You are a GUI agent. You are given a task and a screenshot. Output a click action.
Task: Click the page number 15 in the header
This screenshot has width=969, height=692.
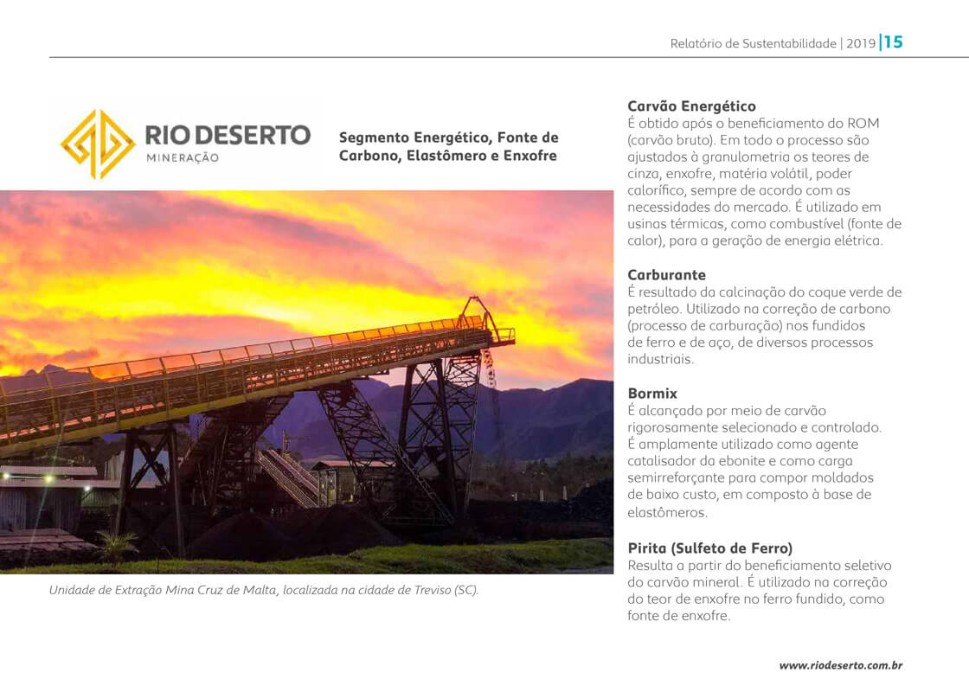[x=894, y=42]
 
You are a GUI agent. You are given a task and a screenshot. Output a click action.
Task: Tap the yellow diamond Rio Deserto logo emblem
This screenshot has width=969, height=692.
[x=98, y=144]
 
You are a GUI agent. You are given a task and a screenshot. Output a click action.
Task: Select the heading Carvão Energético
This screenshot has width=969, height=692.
[x=691, y=106]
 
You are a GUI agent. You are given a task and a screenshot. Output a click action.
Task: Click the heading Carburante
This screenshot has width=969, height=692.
[x=666, y=275]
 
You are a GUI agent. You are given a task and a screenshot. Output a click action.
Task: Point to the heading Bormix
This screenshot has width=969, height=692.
[x=652, y=394]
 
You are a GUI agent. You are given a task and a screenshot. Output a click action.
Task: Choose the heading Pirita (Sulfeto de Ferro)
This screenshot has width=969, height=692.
[x=709, y=548]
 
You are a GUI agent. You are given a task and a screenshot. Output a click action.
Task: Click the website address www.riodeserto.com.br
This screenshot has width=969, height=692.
[x=841, y=665]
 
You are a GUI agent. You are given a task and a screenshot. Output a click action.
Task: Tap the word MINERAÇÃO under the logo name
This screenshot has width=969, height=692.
[x=183, y=158]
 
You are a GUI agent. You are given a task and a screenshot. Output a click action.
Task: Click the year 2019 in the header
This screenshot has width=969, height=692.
[x=861, y=43]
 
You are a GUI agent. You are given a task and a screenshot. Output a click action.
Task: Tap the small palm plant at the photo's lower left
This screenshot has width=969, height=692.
[x=117, y=545]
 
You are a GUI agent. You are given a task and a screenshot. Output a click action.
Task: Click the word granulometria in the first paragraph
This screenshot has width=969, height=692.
[x=738, y=157]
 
